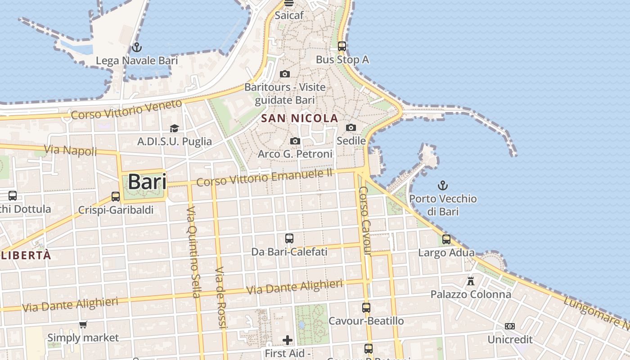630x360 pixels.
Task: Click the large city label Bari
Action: (x=147, y=182)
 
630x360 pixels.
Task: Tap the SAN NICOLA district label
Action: (x=299, y=118)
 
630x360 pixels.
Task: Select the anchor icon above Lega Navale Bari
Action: (x=136, y=47)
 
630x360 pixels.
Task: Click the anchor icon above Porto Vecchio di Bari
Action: (x=443, y=185)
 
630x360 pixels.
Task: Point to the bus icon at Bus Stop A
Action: (x=342, y=46)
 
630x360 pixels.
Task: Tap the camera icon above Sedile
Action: (x=351, y=128)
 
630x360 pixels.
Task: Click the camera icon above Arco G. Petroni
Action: (x=295, y=141)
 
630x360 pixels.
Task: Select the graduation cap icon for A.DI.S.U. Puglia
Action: (x=174, y=129)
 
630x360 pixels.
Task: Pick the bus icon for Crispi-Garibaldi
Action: (x=116, y=197)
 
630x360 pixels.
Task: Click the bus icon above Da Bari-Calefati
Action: (x=289, y=238)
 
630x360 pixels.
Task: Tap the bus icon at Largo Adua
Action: (x=446, y=239)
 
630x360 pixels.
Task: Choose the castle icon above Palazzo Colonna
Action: (x=471, y=281)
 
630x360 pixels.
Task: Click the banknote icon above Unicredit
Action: (x=510, y=326)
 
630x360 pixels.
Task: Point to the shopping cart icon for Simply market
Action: (x=83, y=324)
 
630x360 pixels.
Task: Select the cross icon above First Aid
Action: (x=288, y=340)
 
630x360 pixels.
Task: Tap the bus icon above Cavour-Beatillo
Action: (x=366, y=308)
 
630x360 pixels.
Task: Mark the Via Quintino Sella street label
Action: (x=194, y=252)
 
